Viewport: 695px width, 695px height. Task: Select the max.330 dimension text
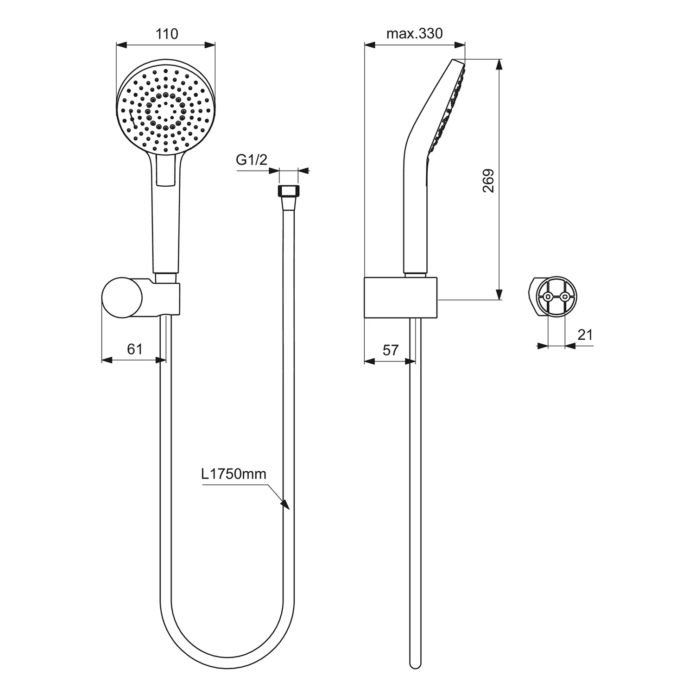pyautogui.click(x=414, y=33)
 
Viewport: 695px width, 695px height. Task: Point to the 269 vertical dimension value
pyautogui.click(x=488, y=181)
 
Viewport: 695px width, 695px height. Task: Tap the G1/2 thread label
pyautogui.click(x=252, y=160)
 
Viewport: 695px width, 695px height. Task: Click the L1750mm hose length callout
pyautogui.click(x=234, y=474)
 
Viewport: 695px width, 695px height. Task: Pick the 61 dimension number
pyautogui.click(x=135, y=348)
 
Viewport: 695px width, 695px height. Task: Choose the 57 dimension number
pyautogui.click(x=390, y=350)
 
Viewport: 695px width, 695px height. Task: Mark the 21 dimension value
pyautogui.click(x=585, y=335)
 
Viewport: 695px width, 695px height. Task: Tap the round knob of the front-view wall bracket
pyautogui.click(x=122, y=297)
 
